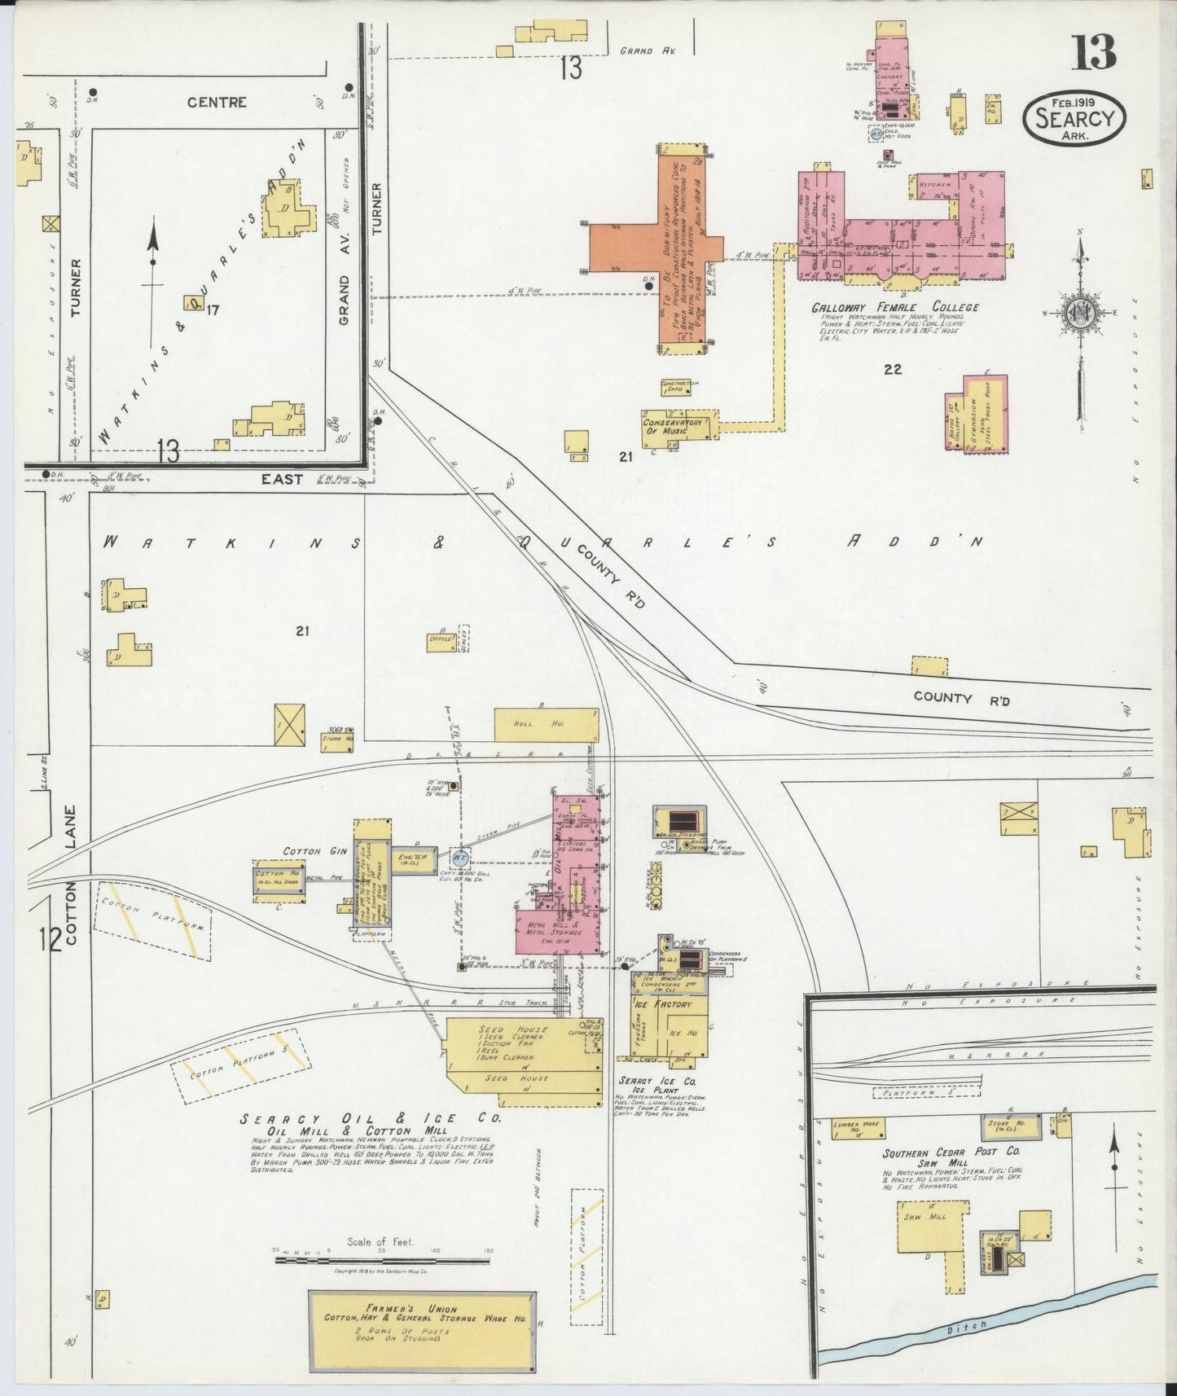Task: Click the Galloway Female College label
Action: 894,308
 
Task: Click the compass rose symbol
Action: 1080,314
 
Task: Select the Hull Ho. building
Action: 546,724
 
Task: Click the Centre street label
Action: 217,103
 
